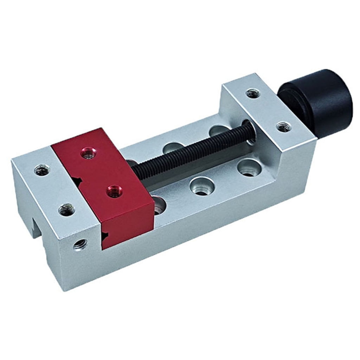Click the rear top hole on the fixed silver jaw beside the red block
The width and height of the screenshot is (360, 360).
42,171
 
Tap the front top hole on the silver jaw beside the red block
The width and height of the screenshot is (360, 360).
66,210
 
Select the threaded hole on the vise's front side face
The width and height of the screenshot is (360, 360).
80,243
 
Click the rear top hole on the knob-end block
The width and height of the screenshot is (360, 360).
253,93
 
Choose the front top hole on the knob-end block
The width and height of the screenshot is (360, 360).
283,127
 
